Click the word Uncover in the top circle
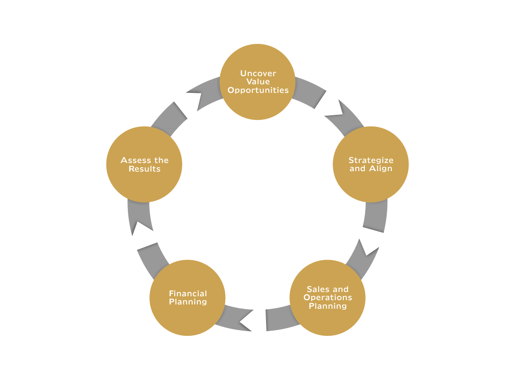(x=257, y=74)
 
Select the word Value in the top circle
(x=257, y=82)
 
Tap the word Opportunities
(x=257, y=90)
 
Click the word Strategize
(x=371, y=160)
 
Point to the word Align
(x=380, y=169)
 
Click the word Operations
(x=327, y=298)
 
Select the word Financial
(x=188, y=294)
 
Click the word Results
(x=145, y=169)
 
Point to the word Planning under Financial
(x=188, y=302)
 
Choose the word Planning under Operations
(x=327, y=306)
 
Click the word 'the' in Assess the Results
(x=161, y=160)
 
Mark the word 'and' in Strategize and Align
(x=357, y=169)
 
